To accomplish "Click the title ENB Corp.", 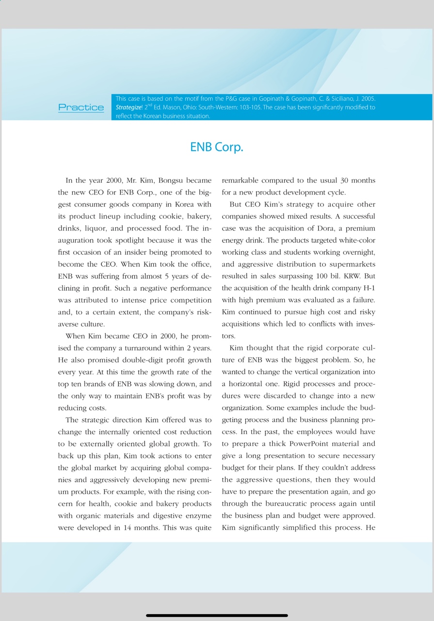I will point(216,147).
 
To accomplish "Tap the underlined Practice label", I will point(81,107).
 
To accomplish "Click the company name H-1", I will point(369,288).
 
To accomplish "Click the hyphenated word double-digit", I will point(123,360).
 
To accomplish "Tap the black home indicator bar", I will point(217,615).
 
